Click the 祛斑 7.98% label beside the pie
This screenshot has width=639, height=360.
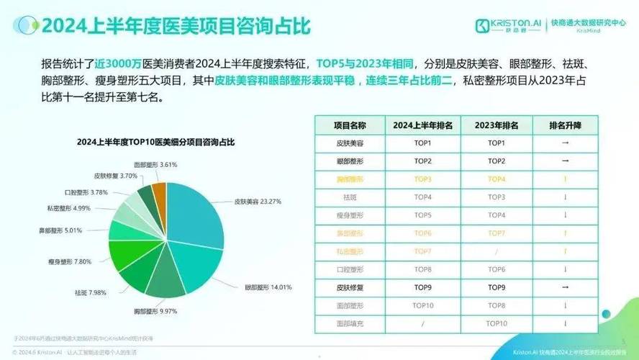pyautogui.click(x=95, y=292)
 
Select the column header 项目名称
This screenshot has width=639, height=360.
pyautogui.click(x=350, y=125)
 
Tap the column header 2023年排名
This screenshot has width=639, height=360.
pyautogui.click(x=497, y=125)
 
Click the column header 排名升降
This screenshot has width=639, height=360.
pyautogui.click(x=566, y=125)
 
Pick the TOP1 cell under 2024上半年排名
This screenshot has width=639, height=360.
pyautogui.click(x=423, y=143)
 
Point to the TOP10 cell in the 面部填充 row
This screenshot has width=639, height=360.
pyautogui.click(x=497, y=323)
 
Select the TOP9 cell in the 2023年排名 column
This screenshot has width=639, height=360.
pyautogui.click(x=497, y=287)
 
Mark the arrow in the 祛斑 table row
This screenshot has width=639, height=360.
pyautogui.click(x=566, y=197)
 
